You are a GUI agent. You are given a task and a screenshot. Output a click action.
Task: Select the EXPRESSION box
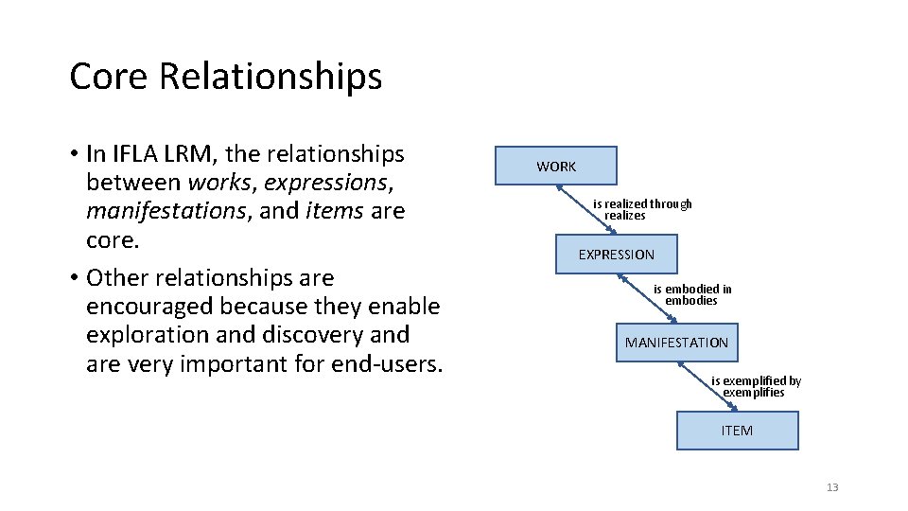[616, 255]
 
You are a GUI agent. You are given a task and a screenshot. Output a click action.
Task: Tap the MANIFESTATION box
[676, 343]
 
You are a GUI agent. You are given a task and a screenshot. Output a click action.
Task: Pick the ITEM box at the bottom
[737, 431]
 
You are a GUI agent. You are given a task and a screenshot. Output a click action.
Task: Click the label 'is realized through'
[642, 203]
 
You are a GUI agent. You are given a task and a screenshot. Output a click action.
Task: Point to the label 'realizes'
[625, 216]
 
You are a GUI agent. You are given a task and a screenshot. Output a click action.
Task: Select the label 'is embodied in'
[692, 290]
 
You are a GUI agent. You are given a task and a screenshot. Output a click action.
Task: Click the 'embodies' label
[691, 301]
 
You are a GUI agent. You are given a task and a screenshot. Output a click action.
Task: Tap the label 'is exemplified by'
[756, 381]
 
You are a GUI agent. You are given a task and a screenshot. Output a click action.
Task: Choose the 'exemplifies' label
[754, 393]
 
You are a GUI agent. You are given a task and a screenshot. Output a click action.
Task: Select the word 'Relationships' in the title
[271, 76]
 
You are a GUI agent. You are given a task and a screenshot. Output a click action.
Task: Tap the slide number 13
[832, 487]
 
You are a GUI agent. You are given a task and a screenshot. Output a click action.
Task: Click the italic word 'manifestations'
[166, 211]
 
